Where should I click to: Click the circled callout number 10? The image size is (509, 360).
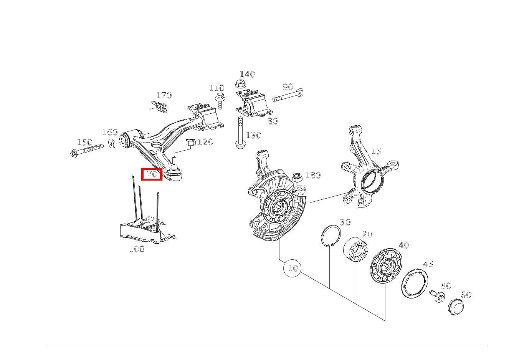click(293, 268)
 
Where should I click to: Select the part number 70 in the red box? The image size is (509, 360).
click(152, 174)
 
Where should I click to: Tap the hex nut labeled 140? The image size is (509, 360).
click(241, 84)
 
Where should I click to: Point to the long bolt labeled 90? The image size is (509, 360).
click(288, 96)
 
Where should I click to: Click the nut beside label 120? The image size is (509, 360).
click(191, 143)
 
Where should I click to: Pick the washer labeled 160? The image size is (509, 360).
click(112, 143)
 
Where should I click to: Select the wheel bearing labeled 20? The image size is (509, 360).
click(355, 249)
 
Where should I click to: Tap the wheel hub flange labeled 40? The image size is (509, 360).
click(386, 266)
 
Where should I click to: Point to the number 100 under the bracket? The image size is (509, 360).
click(137, 249)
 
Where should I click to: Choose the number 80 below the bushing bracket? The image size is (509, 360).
click(273, 121)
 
